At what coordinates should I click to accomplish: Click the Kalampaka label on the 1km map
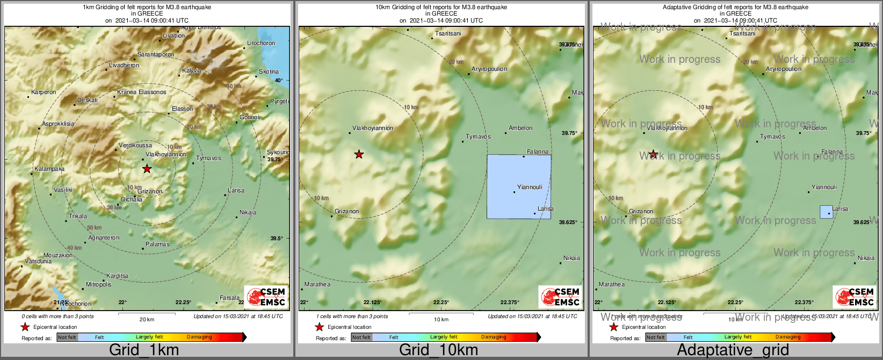coord(49,169)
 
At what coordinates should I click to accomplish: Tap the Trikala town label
coord(78,217)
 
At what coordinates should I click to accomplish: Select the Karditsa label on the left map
coord(117,276)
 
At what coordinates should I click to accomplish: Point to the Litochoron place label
coord(261,44)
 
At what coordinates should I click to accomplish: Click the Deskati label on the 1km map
coord(88,100)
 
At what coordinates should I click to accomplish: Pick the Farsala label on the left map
coord(229,298)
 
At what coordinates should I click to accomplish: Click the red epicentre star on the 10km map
coord(359,155)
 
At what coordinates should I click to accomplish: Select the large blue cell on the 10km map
coord(518,186)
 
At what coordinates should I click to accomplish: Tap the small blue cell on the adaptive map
coord(826,212)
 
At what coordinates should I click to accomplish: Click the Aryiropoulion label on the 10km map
coord(489,69)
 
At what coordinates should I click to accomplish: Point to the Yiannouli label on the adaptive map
coord(824,188)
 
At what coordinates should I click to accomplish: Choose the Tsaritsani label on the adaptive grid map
coord(742,34)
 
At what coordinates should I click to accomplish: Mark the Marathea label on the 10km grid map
coord(317,285)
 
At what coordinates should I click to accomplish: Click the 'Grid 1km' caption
coord(144,350)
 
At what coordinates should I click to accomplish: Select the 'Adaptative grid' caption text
coord(733,350)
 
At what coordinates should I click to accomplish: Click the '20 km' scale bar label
coord(147,320)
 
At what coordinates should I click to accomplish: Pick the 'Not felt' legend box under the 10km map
coord(361,337)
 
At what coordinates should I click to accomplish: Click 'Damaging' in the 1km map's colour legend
coord(199,337)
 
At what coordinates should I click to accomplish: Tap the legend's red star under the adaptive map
coord(613,327)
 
